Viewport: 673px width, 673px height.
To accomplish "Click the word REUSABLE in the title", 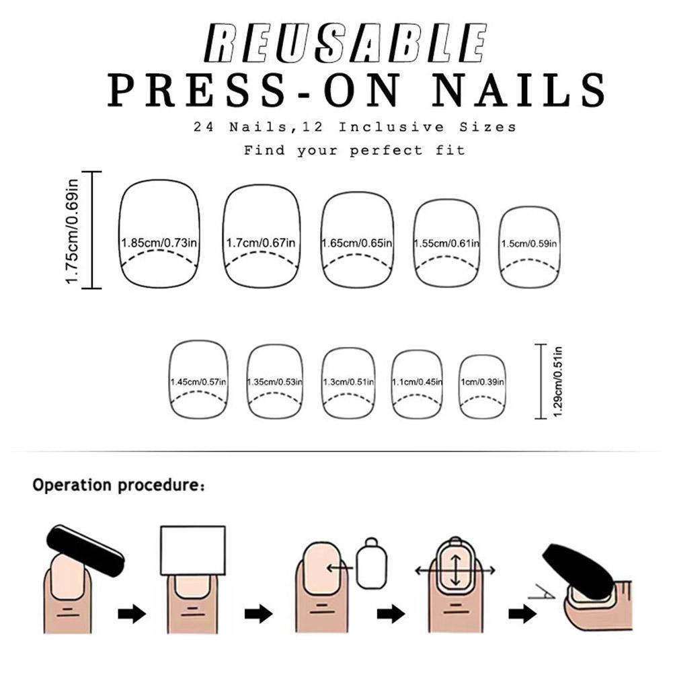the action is click(x=346, y=43).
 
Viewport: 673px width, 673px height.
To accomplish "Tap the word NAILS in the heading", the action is click(x=519, y=90).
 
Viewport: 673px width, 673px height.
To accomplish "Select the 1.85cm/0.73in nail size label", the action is click(x=159, y=243).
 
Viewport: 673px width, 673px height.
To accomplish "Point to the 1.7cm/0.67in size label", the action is click(x=261, y=243).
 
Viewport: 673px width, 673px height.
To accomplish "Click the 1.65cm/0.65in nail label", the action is click(x=357, y=243).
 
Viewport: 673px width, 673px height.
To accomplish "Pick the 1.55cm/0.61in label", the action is click(x=446, y=243).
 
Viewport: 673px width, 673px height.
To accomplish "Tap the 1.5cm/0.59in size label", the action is click(x=529, y=243).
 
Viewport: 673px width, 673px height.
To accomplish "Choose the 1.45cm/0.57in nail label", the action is click(x=198, y=382).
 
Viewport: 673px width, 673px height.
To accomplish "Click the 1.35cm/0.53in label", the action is click(x=275, y=382).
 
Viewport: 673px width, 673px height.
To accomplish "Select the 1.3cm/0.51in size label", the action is click(x=348, y=382).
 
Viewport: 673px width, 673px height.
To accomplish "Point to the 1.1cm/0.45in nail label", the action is click(x=417, y=382).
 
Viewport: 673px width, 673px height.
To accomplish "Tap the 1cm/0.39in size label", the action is click(x=483, y=382).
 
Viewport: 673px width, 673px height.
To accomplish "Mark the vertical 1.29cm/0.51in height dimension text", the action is click(x=557, y=381).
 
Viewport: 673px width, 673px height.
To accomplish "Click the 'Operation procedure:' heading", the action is click(x=119, y=485).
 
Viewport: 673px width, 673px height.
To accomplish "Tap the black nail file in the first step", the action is click(x=85, y=551).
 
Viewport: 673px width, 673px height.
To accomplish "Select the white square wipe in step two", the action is click(x=193, y=550).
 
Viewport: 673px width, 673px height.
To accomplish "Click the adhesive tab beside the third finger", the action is click(x=372, y=563).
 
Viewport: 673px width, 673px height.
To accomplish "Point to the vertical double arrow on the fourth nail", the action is click(x=455, y=570).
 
